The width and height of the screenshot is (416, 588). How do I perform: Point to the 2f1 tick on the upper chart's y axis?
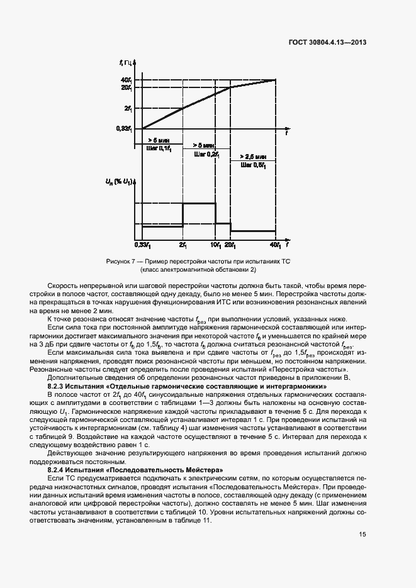coord(128,108)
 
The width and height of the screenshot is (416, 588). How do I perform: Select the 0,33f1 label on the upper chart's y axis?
coord(124,129)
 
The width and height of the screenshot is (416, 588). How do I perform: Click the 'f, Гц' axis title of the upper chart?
coord(125,62)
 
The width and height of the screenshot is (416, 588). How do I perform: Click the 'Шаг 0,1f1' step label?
coord(158,148)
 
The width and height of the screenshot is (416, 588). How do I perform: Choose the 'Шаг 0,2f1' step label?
coord(206,153)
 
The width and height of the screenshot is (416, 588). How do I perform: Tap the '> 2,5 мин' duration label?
coord(253,157)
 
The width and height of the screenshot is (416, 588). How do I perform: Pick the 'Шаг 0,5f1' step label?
coord(253,165)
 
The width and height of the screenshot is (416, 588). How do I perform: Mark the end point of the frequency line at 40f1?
coord(276,80)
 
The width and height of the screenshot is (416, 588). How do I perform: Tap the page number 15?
coord(363,535)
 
